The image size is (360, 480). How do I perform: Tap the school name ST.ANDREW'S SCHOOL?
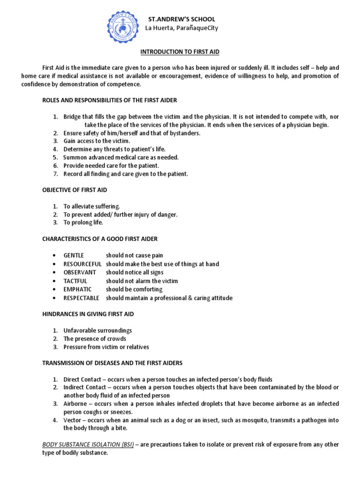[x=182, y=19]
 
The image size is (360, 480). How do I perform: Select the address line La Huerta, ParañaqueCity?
[x=181, y=28]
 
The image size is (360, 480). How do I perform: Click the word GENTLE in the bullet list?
[x=74, y=255]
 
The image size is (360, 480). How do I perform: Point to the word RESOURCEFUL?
[x=82, y=264]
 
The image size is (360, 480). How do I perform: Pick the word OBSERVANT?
[x=80, y=272]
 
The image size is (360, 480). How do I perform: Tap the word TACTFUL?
[x=75, y=281]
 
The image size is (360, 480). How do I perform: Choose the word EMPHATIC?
[x=78, y=289]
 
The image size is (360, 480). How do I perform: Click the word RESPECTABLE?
[x=82, y=298]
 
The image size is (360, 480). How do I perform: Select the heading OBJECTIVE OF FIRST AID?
[x=75, y=190]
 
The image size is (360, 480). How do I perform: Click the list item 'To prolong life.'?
[x=83, y=223]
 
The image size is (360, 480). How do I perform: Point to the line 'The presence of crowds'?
[x=95, y=338]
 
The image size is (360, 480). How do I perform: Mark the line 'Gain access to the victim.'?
[x=97, y=141]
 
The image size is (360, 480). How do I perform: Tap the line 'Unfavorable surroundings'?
[x=97, y=330]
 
